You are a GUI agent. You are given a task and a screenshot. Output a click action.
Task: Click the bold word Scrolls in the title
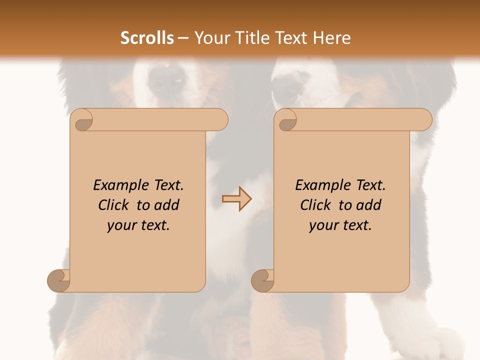(x=147, y=38)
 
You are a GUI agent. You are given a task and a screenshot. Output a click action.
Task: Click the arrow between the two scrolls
(x=236, y=199)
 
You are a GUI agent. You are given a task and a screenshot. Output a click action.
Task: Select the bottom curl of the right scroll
(x=262, y=280)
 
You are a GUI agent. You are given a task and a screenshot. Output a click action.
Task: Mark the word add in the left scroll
(x=167, y=205)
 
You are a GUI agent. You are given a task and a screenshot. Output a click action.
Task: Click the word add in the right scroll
(x=369, y=205)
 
